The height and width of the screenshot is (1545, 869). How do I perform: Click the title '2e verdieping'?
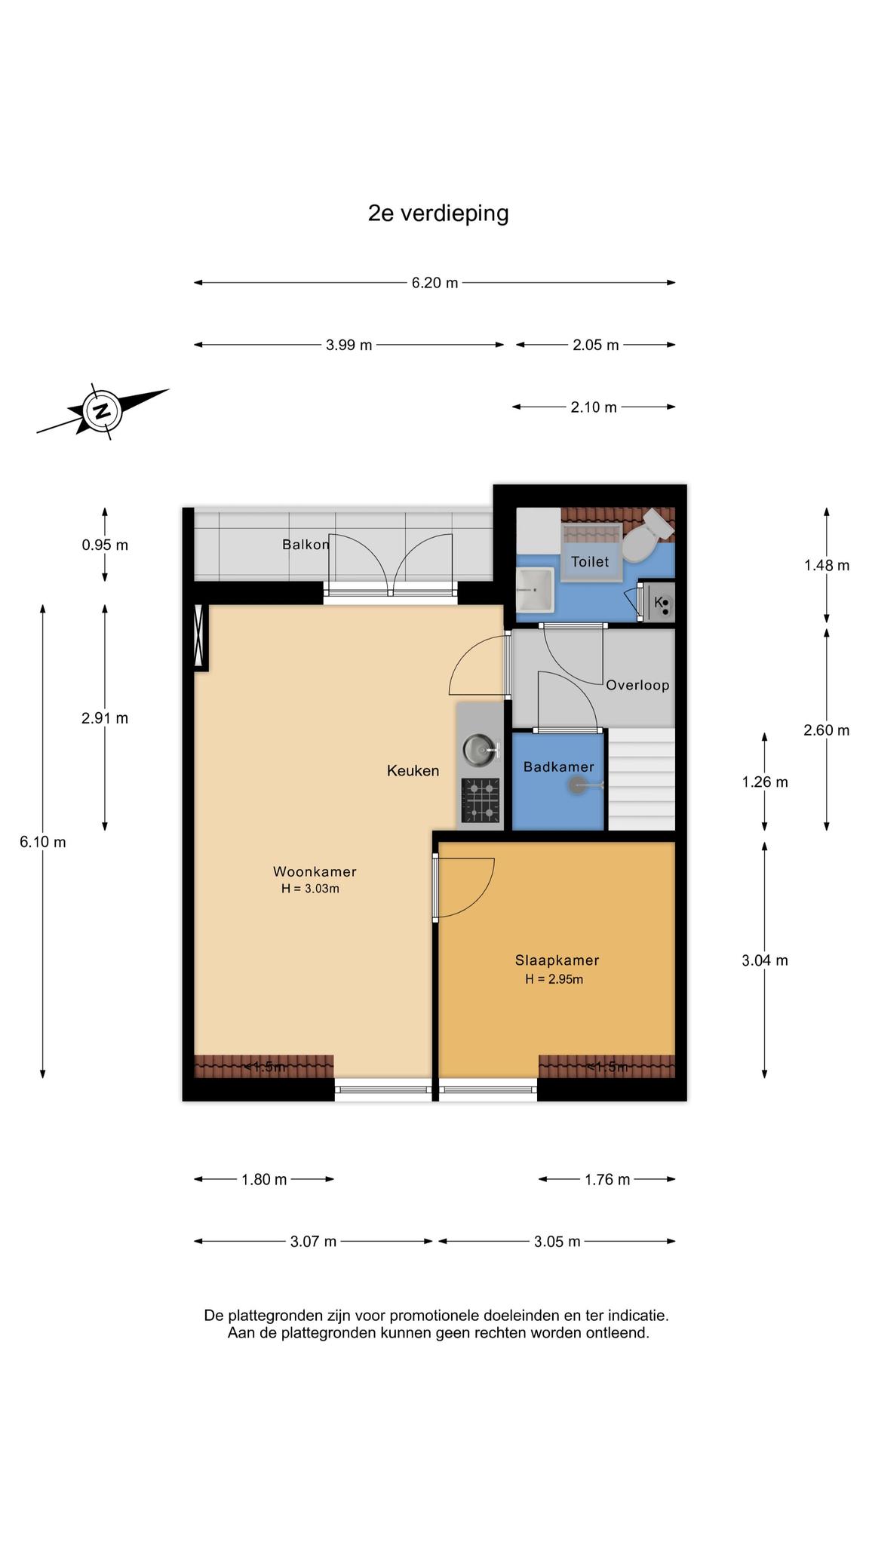coord(438,214)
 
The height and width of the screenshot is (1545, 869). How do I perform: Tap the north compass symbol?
coord(102,411)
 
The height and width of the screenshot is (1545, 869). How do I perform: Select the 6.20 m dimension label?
coord(434,283)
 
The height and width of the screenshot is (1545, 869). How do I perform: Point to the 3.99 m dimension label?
coord(349,346)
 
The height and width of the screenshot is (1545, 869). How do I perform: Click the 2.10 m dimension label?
coord(594,407)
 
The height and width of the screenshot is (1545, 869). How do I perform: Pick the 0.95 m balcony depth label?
coord(105,545)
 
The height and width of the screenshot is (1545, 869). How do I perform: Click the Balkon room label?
coord(306,544)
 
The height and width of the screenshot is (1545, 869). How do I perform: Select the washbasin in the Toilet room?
coord(535,590)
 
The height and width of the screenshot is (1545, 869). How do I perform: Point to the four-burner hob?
coord(481,800)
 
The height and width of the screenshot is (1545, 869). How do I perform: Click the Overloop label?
coord(637,685)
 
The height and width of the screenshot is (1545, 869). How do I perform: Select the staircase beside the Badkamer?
coord(641,779)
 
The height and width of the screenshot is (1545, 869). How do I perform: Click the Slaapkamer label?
coord(557,960)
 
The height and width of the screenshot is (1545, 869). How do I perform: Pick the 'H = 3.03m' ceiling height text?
coord(310,889)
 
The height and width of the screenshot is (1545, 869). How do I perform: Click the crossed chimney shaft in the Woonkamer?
coord(201,637)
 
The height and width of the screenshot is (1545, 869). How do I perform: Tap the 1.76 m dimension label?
coord(607,1180)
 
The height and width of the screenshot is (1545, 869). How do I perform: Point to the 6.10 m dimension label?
coord(43,842)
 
